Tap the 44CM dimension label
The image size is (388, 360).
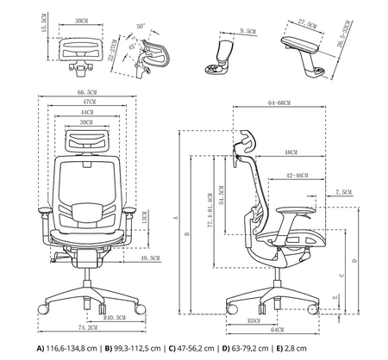click(x=85, y=112)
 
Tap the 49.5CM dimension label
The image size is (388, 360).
click(x=149, y=258)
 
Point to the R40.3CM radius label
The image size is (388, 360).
click(x=112, y=318)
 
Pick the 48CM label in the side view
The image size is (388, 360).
click(x=291, y=152)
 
